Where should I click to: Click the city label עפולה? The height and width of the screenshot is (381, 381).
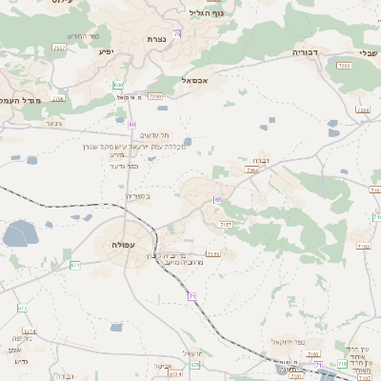point(121,244)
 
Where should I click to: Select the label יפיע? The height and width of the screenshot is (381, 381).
point(107,50)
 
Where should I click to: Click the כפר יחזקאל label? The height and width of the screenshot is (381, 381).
point(286,341)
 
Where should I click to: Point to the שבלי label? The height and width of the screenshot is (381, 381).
point(367,53)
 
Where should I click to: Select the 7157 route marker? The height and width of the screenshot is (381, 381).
point(226,224)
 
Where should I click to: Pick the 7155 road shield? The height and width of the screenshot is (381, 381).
point(213,253)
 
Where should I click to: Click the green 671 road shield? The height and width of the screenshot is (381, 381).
point(76,265)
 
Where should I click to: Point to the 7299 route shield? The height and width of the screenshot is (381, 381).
point(155,96)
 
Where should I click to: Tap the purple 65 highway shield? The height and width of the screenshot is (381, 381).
point(217,199)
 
